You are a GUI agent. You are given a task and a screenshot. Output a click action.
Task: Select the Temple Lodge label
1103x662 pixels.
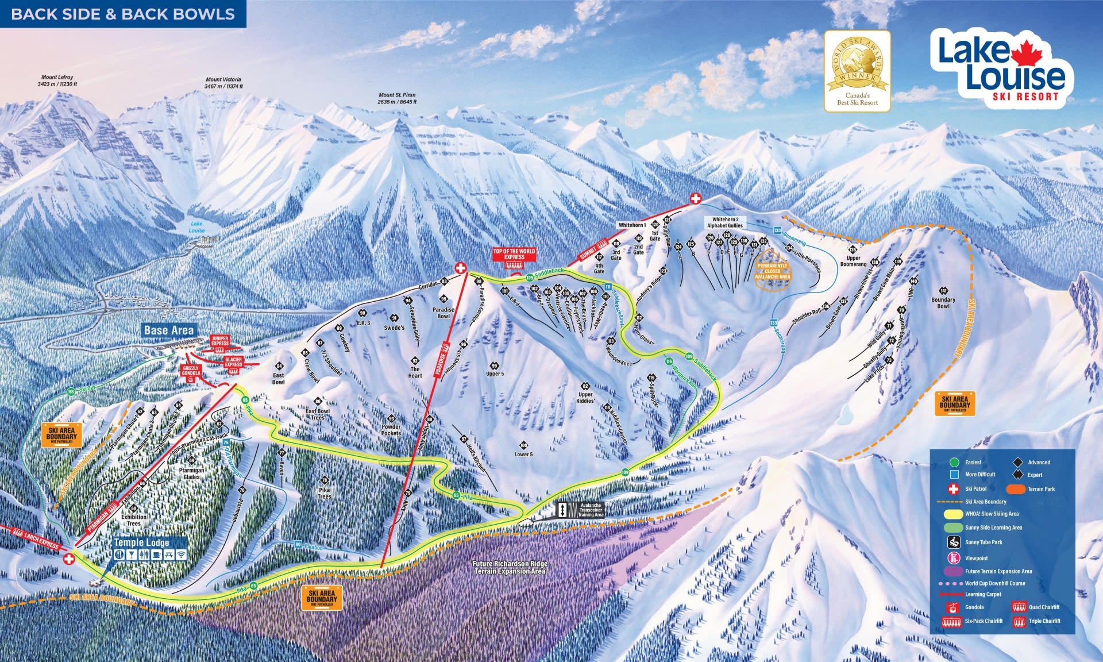point(141,542)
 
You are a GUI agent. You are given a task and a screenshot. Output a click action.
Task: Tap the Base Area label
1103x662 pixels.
point(169,330)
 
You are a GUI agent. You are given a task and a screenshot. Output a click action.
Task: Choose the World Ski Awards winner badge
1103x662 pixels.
point(857,70)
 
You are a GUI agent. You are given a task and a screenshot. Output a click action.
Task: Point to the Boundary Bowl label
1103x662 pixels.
point(943,303)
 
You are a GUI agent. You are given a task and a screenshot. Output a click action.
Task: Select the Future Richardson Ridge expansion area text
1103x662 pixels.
point(510,568)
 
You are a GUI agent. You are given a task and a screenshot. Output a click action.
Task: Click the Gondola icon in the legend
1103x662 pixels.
point(953,607)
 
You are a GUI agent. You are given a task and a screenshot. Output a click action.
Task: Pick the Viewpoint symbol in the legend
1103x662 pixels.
point(954,557)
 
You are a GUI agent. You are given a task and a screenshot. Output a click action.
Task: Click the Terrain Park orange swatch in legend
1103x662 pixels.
point(1016,489)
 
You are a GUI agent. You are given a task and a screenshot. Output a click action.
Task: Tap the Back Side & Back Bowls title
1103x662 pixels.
point(123,14)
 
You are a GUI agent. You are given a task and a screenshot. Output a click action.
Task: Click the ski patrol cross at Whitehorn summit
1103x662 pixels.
point(695,199)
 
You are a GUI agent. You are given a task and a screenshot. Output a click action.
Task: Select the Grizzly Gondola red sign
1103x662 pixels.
point(191,371)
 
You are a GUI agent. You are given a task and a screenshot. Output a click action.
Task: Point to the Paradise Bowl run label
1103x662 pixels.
point(443,313)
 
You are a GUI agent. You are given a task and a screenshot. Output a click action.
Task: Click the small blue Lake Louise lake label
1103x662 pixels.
point(196,227)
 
